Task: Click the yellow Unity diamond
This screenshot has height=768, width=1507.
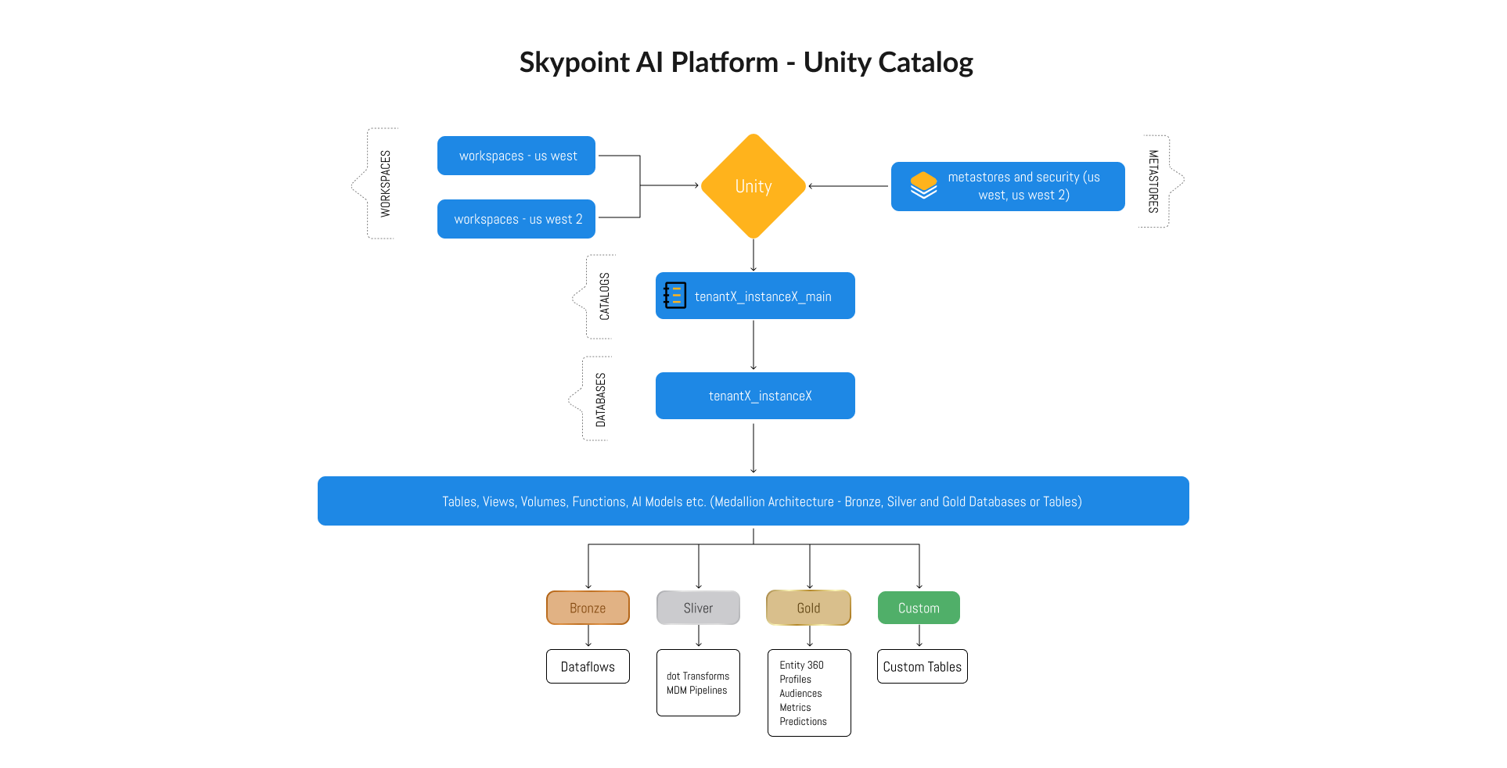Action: click(753, 186)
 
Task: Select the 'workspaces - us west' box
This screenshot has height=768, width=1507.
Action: click(516, 156)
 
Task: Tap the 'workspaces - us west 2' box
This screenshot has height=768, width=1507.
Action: click(516, 219)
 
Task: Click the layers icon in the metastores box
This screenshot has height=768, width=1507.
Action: click(923, 185)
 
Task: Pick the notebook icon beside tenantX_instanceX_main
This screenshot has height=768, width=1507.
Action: click(674, 296)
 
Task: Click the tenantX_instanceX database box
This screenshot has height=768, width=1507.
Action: click(755, 396)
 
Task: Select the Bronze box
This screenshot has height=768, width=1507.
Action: click(588, 608)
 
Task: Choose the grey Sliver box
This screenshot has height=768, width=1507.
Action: click(698, 608)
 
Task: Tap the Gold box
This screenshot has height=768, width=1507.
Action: click(808, 608)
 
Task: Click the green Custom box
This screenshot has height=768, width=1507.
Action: click(919, 608)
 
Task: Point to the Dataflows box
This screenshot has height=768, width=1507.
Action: click(588, 666)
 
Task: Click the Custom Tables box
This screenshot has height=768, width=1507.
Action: click(922, 666)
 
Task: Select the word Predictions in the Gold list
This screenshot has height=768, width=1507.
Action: click(803, 721)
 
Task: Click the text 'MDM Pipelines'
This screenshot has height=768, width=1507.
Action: click(696, 690)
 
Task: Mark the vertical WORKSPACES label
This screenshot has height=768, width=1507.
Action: click(385, 183)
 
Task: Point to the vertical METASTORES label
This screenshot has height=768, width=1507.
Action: click(1153, 181)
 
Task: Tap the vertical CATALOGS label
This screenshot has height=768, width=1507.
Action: click(604, 296)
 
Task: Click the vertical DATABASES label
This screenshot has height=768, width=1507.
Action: click(600, 400)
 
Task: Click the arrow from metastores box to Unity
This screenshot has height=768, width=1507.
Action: click(849, 186)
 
